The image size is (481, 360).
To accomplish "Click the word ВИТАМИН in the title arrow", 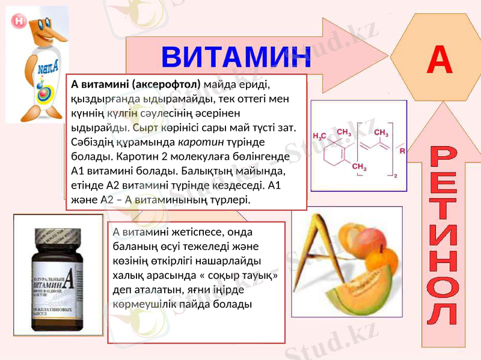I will (x=236, y=57).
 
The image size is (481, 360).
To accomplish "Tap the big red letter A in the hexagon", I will (x=439, y=59).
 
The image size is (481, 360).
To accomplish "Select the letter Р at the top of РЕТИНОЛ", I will (x=446, y=158).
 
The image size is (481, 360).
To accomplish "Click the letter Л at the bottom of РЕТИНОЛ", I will (x=446, y=313).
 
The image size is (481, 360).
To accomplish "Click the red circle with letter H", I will (x=17, y=20).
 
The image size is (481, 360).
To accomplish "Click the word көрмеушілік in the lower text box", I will (x=139, y=304).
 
